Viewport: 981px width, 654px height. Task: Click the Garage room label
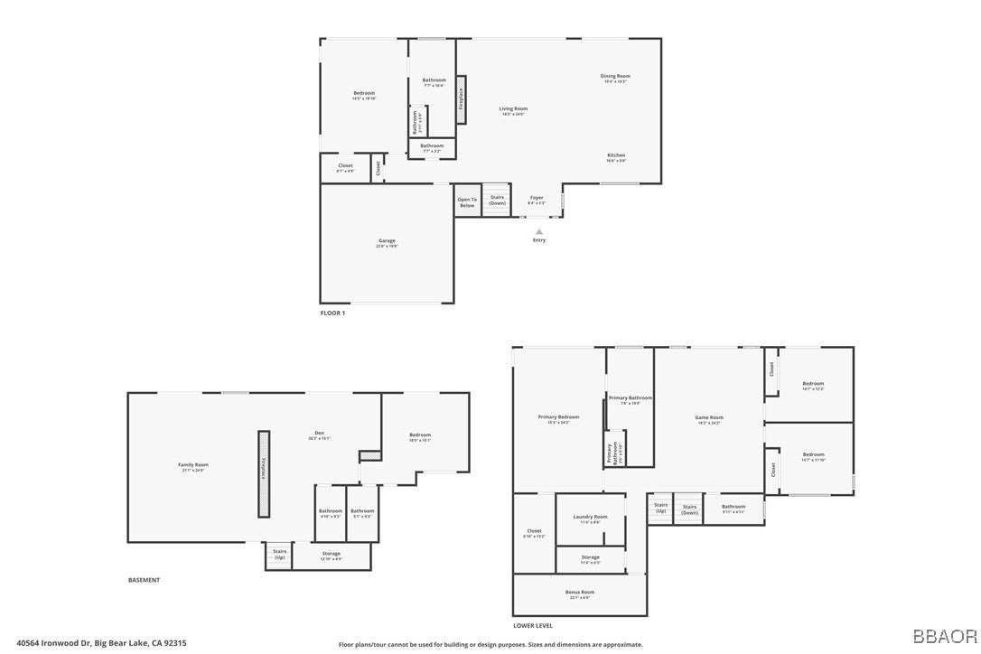point(387,242)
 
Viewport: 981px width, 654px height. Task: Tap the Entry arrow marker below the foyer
point(539,232)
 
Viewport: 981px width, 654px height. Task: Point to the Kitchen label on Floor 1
point(616,156)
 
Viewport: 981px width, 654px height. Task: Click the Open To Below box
point(466,201)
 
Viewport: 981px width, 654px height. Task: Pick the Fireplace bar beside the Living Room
point(461,99)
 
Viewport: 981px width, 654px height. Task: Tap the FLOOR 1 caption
point(332,313)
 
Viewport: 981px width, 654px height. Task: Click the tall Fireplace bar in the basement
point(264,473)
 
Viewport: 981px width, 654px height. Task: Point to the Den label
point(319,435)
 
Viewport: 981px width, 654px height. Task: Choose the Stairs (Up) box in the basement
point(280,556)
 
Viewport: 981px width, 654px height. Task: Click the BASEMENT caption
point(144,580)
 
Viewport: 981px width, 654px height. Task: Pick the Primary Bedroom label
point(558,418)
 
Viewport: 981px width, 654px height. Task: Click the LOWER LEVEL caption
point(532,625)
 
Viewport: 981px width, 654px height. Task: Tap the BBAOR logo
point(944,636)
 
